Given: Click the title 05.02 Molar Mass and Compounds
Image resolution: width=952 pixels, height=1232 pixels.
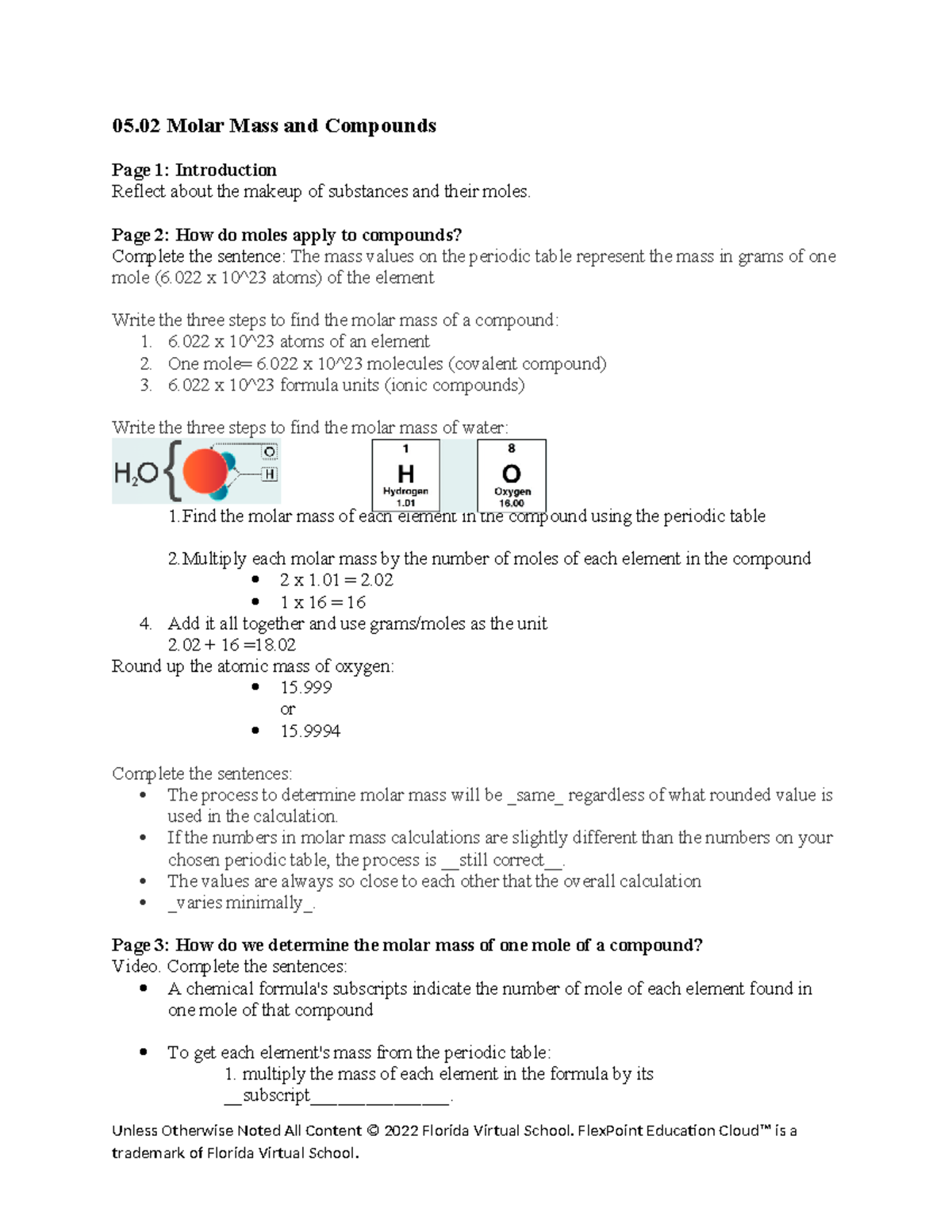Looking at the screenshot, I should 274,126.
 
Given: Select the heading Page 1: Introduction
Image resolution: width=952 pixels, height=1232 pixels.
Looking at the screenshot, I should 194,170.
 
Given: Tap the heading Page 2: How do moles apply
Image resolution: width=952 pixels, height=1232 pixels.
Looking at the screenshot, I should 286,235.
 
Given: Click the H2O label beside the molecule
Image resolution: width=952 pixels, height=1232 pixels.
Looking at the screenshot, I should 136,474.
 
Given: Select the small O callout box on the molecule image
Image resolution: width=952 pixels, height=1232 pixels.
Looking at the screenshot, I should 270,451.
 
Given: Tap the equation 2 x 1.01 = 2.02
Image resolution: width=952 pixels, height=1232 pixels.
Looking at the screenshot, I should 336,580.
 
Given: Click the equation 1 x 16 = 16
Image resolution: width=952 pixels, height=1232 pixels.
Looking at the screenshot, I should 322,602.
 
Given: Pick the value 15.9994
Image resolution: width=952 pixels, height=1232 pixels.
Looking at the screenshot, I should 310,731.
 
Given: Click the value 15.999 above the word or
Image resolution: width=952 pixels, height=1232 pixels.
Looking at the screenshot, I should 305,688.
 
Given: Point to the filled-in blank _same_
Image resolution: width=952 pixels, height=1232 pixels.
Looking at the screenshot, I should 535,795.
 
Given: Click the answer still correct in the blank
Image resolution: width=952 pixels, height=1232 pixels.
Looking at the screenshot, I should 502,860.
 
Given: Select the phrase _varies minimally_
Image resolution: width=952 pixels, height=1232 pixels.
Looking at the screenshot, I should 241,903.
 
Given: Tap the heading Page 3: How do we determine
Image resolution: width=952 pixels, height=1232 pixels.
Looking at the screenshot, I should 407,945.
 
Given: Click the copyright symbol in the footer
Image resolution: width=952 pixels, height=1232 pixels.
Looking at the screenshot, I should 373,1131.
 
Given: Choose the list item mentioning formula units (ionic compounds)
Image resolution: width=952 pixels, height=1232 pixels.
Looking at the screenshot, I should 346,386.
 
